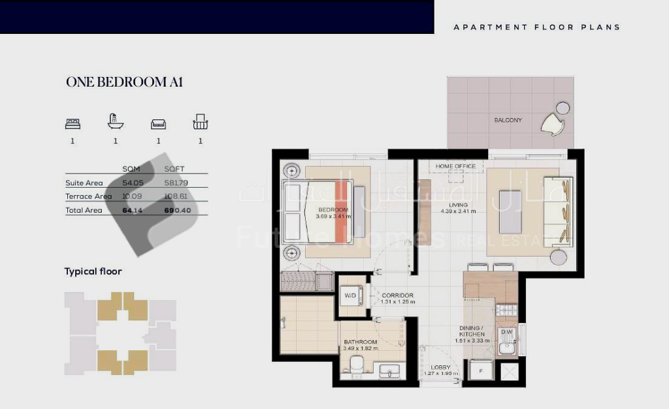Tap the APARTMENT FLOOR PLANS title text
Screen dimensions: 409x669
[x=536, y=27]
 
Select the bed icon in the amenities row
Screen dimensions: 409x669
[x=73, y=123]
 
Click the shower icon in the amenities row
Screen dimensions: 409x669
[x=115, y=121]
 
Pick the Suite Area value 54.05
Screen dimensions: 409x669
[x=133, y=183]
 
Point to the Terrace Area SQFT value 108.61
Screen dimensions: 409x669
[x=177, y=196]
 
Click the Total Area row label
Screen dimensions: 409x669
[x=84, y=211]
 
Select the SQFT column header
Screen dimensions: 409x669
[x=174, y=169]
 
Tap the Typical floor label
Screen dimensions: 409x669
[x=93, y=271]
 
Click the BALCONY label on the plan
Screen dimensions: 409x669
[x=508, y=120]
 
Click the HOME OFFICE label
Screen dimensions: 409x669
[x=455, y=166]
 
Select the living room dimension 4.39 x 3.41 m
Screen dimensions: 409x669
[x=457, y=211]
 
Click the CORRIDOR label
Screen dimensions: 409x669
[x=397, y=295]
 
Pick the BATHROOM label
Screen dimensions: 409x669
[x=360, y=342]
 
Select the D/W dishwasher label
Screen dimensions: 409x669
[x=506, y=333]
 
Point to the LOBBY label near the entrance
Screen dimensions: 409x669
[x=440, y=367]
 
